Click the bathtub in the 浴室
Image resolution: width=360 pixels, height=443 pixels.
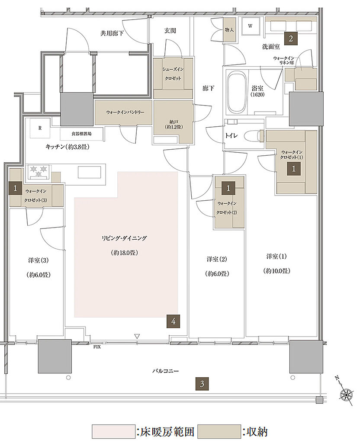[x=237, y=92]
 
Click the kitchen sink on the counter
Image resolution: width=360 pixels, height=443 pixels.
[x=89, y=172]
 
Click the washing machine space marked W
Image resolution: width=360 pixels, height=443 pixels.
[x=250, y=26]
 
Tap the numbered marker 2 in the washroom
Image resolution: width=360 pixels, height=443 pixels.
[x=291, y=38]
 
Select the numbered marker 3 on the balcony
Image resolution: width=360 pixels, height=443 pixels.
[x=202, y=384]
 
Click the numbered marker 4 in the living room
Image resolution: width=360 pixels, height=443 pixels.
[x=173, y=321]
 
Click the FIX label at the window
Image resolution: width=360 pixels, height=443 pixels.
[x=97, y=347]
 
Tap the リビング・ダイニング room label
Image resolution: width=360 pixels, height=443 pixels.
[x=124, y=238]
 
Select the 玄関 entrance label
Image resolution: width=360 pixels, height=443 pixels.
[x=170, y=30]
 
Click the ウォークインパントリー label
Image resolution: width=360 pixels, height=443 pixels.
[x=125, y=112]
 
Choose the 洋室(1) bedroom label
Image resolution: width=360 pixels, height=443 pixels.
[x=276, y=256]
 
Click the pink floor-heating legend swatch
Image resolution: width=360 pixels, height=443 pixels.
[x=114, y=432]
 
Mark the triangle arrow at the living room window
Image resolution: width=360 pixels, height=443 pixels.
[x=137, y=337]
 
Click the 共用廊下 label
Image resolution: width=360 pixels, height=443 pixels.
[x=112, y=33]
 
